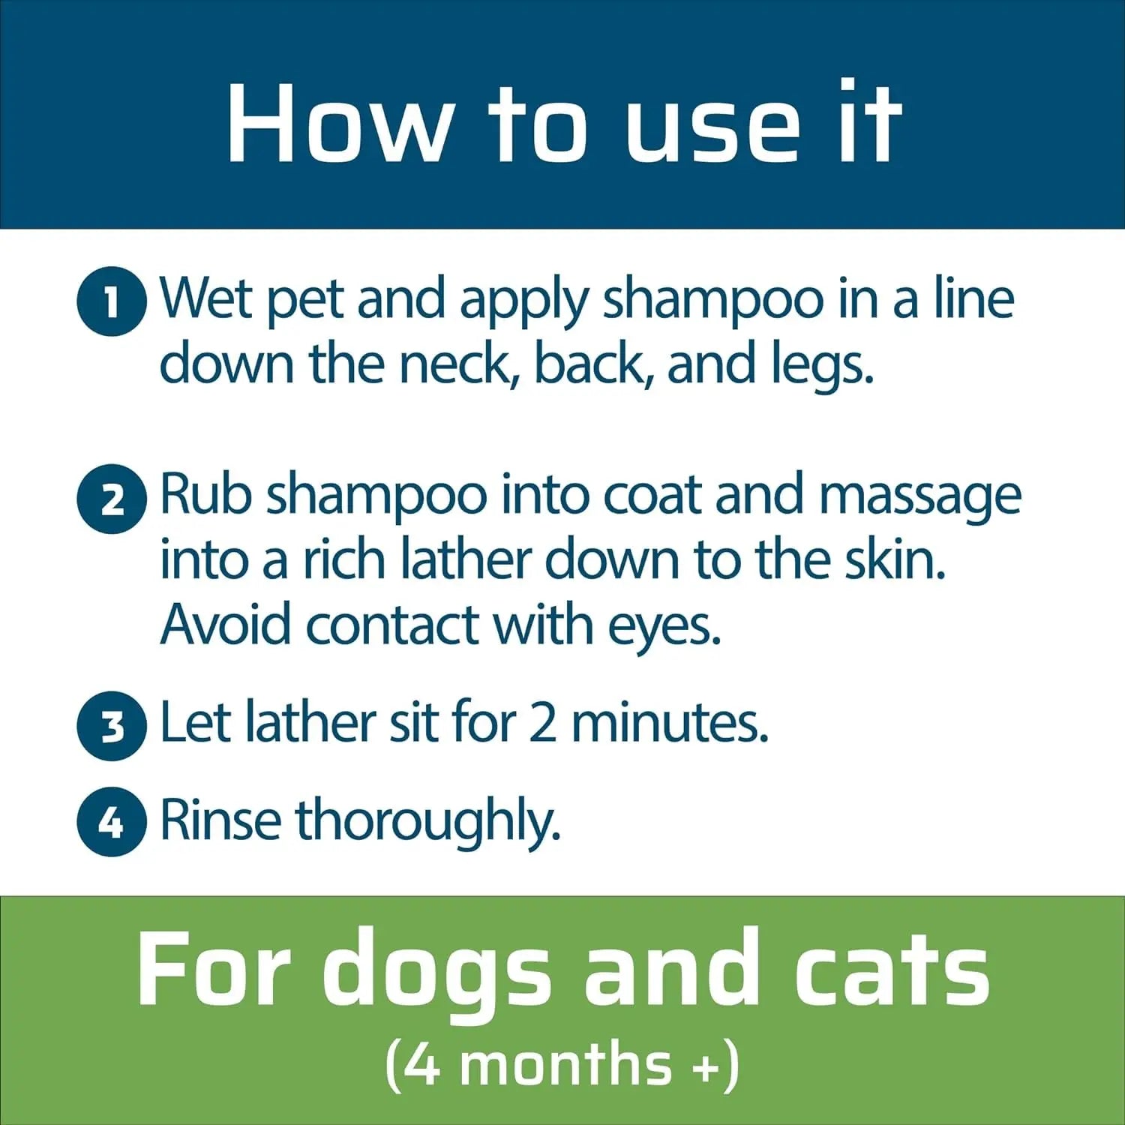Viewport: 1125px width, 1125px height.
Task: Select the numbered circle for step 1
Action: [112, 301]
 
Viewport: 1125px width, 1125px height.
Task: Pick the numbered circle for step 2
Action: [112, 499]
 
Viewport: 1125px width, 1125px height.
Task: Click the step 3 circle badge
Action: [112, 726]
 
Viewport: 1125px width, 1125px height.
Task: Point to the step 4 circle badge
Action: [112, 822]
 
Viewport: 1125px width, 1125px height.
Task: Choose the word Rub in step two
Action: [205, 495]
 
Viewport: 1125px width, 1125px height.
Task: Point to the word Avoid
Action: [226, 624]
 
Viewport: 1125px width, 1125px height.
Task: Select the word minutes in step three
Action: [670, 723]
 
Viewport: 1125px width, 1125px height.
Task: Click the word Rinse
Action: [220, 820]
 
